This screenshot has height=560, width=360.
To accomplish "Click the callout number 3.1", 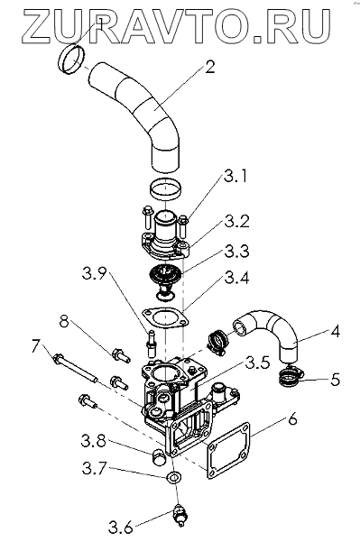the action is coord(235,177).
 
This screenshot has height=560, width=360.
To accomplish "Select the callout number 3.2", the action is coord(236,222).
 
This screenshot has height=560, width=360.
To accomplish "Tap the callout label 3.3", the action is coord(236,251).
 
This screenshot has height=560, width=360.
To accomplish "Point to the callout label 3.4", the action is coord(236,278).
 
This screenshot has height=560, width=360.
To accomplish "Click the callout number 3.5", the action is coord(257,363).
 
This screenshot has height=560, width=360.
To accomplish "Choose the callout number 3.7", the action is coord(95,468).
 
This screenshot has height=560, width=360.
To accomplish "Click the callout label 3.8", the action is coord(93,442).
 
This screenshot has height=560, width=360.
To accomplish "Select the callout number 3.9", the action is coord(95,274).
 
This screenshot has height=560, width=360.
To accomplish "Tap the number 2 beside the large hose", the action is coord(210,67).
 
